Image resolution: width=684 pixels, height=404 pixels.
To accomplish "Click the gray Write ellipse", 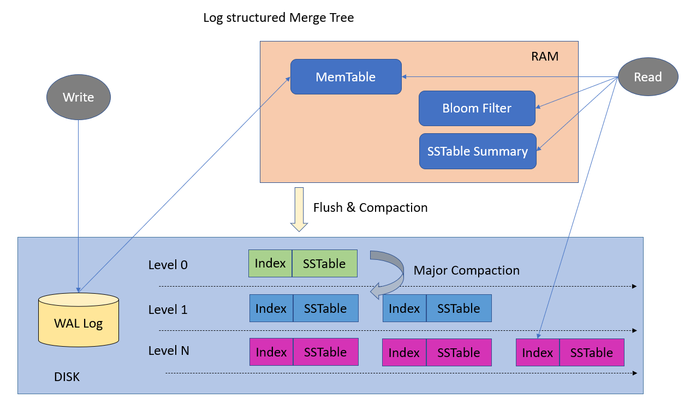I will click(78, 98).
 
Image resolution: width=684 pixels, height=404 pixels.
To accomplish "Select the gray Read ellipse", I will click(647, 77).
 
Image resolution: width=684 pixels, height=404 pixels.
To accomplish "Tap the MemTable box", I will click(346, 77).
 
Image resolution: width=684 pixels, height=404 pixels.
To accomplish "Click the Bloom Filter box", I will click(477, 108).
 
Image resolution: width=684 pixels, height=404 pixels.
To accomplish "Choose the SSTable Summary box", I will click(477, 151).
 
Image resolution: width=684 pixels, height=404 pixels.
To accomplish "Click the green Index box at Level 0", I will click(270, 264).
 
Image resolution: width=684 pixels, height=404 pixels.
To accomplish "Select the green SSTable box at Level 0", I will click(325, 264).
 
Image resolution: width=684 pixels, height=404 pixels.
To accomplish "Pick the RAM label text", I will click(544, 56).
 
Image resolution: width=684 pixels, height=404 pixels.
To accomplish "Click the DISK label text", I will click(67, 377).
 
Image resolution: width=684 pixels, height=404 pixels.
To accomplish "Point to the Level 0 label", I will click(168, 265).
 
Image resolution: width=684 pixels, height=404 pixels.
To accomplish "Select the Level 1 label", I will click(168, 310).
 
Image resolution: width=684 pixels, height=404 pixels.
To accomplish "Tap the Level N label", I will click(169, 350).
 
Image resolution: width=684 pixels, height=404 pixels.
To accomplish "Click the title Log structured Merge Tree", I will click(278, 17).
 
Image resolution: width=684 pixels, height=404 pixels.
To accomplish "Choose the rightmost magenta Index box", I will click(538, 353).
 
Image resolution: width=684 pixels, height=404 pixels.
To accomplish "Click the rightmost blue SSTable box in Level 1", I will click(459, 308).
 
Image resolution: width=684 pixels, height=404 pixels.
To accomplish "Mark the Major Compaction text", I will click(466, 270).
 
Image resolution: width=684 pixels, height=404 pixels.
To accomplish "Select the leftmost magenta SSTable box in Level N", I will click(325, 352).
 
